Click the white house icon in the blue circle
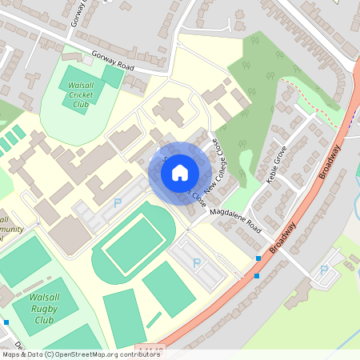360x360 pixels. pyautogui.click(x=180, y=173)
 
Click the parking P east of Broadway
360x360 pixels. pyautogui.click(x=324, y=270)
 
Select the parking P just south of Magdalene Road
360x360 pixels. pyautogui.click(x=197, y=262)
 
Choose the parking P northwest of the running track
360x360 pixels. pyautogui.click(x=118, y=205)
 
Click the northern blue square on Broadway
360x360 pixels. pyautogui.click(x=258, y=258)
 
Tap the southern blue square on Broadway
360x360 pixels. pyautogui.click(x=256, y=276)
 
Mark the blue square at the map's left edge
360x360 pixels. pyautogui.click(x=6, y=322)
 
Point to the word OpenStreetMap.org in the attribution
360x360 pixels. pyautogui.click(x=86, y=354)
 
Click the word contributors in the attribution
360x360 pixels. pyautogui.click(x=141, y=354)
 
